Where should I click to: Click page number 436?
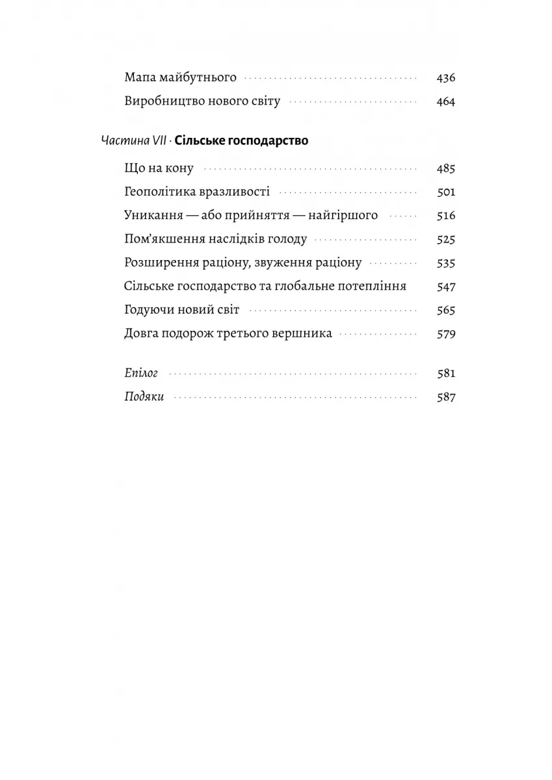tap(446, 78)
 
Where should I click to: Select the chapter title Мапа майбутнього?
tap(179, 78)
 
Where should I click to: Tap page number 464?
tap(446, 101)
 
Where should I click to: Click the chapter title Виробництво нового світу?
tap(201, 101)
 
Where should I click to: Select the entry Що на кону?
tap(158, 169)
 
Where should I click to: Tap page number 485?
tap(446, 169)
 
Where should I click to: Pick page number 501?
tap(446, 192)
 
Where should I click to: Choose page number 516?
tap(446, 216)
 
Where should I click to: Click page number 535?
tap(446, 263)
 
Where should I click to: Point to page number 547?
tap(446, 287)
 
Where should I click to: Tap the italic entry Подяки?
tap(143, 397)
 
